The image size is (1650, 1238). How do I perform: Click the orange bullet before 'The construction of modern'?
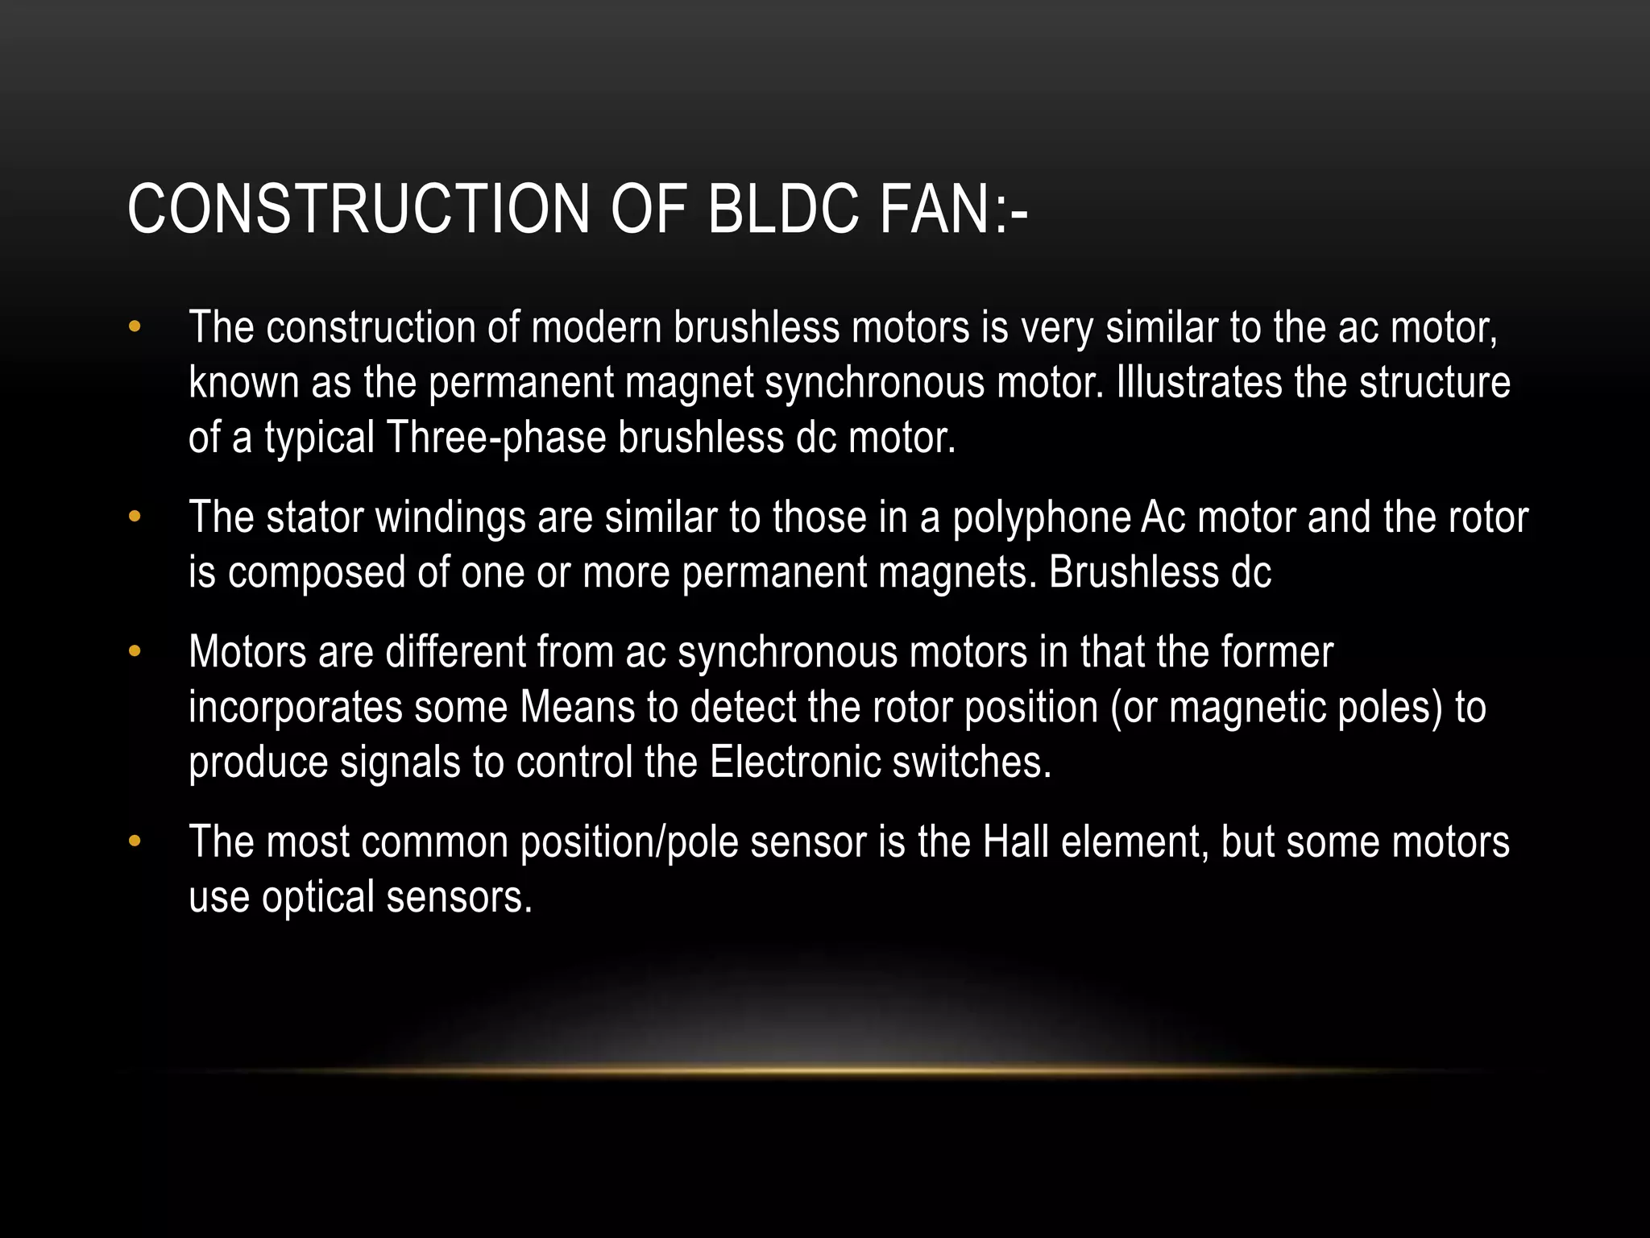[x=135, y=327]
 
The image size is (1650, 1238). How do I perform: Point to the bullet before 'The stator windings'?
[x=135, y=517]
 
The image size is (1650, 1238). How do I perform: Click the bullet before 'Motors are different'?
[x=135, y=651]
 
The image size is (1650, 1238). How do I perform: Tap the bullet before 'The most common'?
[x=135, y=841]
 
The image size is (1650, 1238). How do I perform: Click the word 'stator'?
[x=315, y=517]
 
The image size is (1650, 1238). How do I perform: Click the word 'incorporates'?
[x=295, y=708]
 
